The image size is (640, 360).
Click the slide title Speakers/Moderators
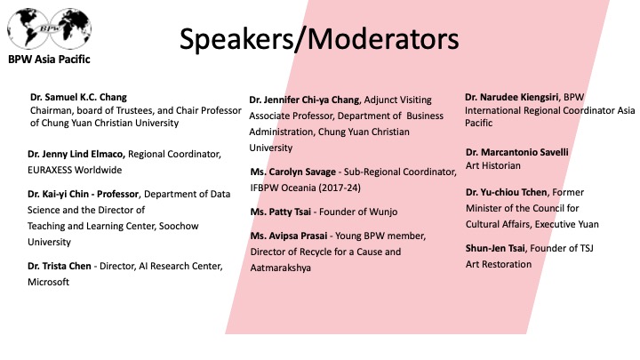click(x=319, y=40)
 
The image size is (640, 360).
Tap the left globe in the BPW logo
click(x=28, y=28)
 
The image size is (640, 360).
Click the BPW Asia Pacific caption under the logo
click(x=49, y=60)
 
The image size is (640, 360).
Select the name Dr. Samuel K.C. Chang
click(x=78, y=97)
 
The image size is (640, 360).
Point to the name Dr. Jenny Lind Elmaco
click(x=76, y=154)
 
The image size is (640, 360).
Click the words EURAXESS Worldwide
click(x=75, y=170)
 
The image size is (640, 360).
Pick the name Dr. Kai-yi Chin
click(x=58, y=194)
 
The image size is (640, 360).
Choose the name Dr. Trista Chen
click(x=60, y=266)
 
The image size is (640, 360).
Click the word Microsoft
click(x=48, y=282)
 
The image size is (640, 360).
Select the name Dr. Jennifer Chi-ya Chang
click(x=304, y=100)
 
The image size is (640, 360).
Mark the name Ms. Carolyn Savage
click(x=293, y=172)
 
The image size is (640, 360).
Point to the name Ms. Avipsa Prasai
click(x=289, y=236)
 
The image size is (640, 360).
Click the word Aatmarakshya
click(x=280, y=268)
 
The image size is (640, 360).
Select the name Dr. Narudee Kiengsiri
click(x=511, y=97)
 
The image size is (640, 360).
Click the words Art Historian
click(x=493, y=165)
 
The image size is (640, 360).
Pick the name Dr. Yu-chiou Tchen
click(x=506, y=192)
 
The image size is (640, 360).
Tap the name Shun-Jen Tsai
click(x=495, y=248)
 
